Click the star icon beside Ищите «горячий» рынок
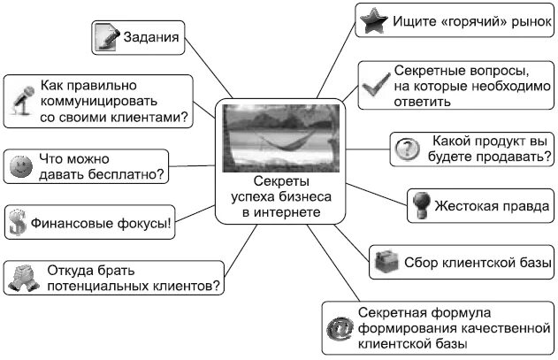[371, 19]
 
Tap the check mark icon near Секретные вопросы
[374, 85]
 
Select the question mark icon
[406, 149]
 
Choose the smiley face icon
[19, 165]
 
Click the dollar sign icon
[16, 221]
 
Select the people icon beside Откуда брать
[20, 279]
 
